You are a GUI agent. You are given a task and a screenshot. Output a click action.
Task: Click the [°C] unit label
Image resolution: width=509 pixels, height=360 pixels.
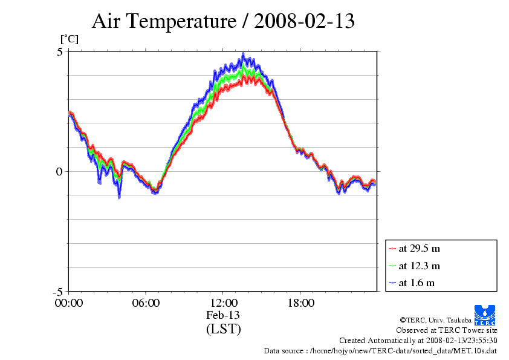point(68,39)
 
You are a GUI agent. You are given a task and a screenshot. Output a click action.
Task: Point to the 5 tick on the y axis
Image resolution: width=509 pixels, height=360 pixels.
point(60,51)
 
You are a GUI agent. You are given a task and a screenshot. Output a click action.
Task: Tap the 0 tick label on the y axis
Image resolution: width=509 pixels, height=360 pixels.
point(60,171)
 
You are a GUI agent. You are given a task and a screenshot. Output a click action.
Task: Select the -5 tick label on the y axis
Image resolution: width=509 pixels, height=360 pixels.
point(58,291)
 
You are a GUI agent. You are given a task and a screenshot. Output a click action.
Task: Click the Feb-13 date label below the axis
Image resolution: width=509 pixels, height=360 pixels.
point(223,315)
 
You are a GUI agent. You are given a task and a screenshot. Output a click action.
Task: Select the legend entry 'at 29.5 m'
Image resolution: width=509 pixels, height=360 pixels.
point(420,249)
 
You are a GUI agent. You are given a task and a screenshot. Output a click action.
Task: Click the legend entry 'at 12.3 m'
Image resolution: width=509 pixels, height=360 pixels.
point(420,266)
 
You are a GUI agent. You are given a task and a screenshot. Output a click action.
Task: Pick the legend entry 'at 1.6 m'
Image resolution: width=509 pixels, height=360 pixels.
point(417,283)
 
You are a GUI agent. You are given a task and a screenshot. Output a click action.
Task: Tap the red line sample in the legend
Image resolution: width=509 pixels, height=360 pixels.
point(392,249)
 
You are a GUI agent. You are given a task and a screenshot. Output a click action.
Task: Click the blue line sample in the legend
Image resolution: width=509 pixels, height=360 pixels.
point(392,283)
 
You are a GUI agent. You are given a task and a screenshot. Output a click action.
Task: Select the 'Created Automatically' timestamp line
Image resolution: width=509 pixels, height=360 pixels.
point(418,340)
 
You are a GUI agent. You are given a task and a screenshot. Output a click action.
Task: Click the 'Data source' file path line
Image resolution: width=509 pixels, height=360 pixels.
point(380,350)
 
